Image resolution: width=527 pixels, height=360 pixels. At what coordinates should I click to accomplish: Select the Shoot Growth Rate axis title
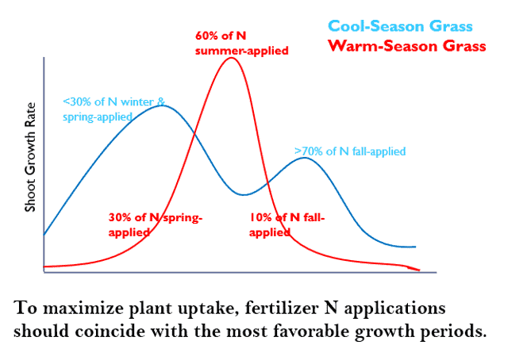[x=31, y=159]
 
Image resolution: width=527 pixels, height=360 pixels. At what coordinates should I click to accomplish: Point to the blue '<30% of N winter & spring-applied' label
[x=114, y=109]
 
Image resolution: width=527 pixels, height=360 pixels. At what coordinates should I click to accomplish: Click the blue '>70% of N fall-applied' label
[x=350, y=151]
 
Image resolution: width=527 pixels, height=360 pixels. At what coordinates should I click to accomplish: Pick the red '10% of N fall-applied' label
[x=287, y=225]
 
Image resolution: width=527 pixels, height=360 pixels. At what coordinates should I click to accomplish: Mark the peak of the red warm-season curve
[x=231, y=58]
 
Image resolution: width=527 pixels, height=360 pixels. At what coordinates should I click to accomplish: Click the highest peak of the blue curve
[x=162, y=105]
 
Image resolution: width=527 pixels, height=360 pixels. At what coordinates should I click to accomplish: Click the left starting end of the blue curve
[x=44, y=235]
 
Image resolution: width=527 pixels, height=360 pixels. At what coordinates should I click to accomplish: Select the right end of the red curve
[x=418, y=270]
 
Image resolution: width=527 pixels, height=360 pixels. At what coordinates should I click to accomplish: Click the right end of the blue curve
[x=416, y=247]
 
